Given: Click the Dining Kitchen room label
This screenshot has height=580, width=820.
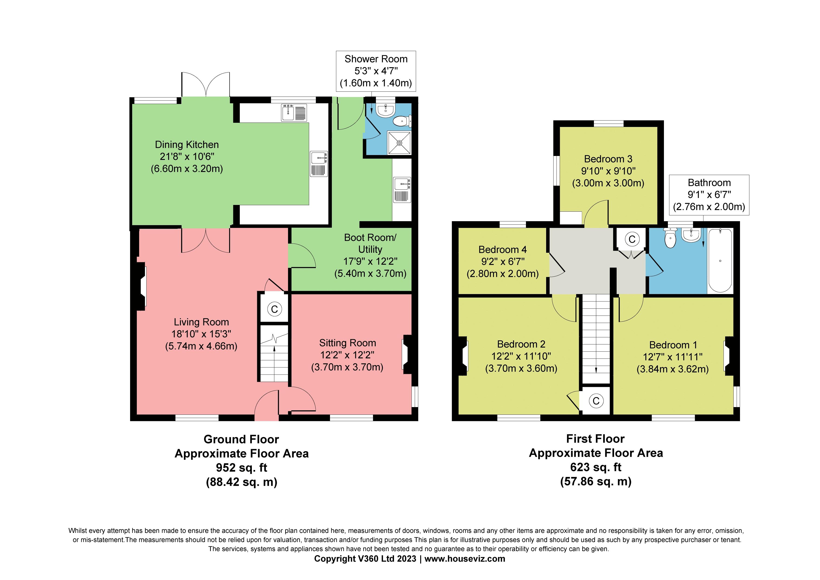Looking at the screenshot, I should pos(186,145).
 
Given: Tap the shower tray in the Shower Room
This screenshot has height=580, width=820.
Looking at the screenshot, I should pos(399,143).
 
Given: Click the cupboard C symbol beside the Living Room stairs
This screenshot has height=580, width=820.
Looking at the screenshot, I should pos(274,309).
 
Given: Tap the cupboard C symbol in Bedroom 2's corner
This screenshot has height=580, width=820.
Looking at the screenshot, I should pos(596,401).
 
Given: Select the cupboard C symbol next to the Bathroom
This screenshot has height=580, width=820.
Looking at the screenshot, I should pos(632,239).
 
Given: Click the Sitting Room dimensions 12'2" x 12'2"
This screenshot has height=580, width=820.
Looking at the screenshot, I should pos(347,355).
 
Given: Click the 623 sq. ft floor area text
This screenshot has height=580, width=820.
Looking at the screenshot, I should pos(596,467).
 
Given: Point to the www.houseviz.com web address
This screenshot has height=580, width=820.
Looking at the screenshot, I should pos(465,559).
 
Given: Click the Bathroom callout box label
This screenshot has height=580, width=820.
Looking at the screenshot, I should pos(709,183).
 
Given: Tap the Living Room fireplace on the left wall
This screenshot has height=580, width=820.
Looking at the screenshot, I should pos(142,286).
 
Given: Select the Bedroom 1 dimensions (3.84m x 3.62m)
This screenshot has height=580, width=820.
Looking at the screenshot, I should pos(673,369).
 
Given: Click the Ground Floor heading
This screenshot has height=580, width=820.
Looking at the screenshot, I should pos(241,439).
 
